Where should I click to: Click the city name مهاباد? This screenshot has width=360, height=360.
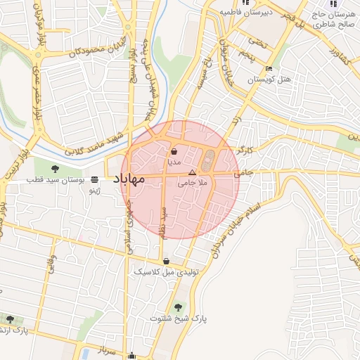[127, 179]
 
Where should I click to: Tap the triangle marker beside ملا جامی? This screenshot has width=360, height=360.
[192, 172]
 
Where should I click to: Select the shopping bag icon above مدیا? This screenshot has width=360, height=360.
[174, 151]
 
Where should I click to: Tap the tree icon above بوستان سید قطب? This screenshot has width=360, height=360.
[55, 168]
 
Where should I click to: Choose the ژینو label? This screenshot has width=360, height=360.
[103, 190]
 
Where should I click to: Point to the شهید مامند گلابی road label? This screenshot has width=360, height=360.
[94, 143]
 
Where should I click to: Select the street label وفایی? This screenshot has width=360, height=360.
[51, 271]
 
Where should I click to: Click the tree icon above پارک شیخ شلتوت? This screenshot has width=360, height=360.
[178, 307]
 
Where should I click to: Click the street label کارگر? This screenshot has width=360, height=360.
[265, 149]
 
